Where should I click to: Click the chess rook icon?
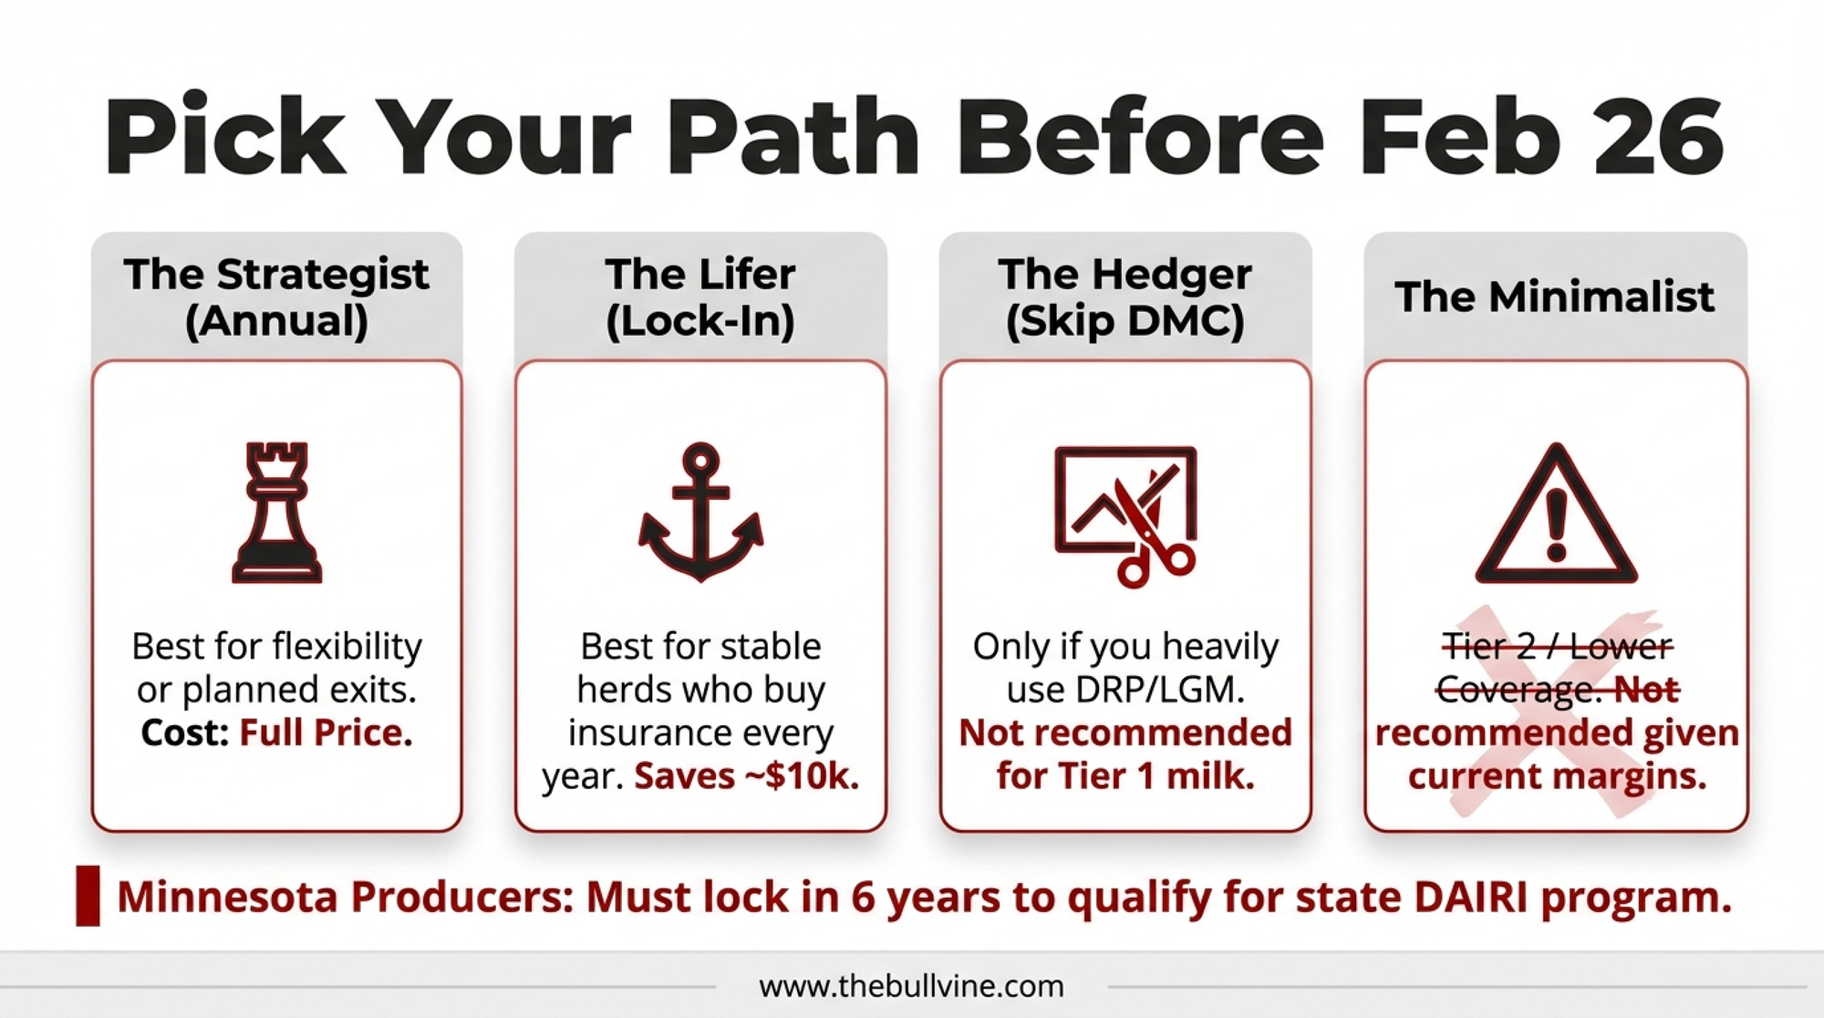point(277,513)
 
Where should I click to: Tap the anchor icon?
point(700,513)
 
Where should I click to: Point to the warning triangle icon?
point(1556,514)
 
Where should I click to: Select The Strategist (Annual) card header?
point(276,297)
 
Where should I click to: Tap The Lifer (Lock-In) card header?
point(700,297)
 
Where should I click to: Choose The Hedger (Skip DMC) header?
point(1125,297)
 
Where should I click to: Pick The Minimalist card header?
point(1555,297)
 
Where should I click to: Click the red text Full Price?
point(326,732)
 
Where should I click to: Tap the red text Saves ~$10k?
point(747,776)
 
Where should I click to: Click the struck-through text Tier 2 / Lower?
point(1557,647)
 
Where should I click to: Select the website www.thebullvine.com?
point(911,986)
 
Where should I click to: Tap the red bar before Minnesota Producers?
point(88,896)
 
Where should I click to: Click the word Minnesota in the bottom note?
point(228,897)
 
